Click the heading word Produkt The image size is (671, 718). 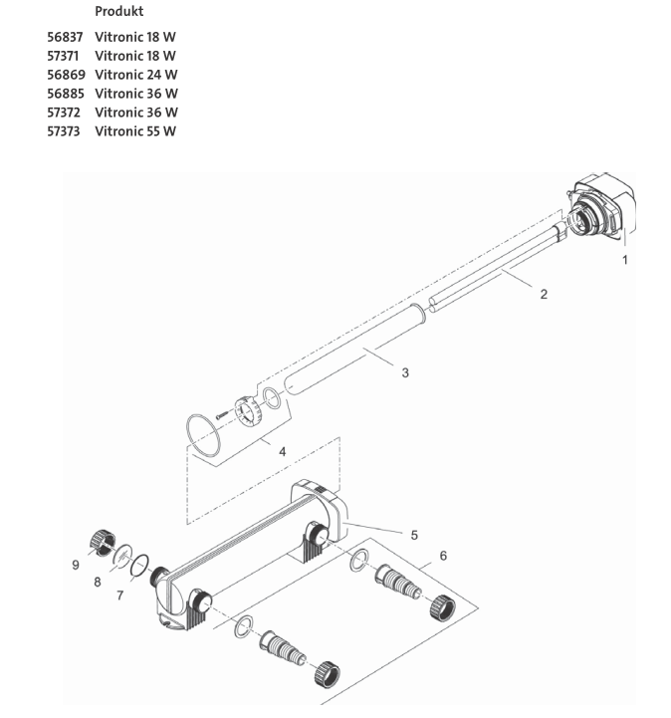click(118, 11)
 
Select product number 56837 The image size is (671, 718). click(66, 37)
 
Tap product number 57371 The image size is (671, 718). click(64, 56)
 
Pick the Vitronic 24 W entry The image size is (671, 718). click(136, 75)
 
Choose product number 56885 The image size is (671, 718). click(66, 94)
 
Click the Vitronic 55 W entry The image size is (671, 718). click(136, 131)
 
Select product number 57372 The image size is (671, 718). click(66, 113)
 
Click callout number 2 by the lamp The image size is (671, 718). click(543, 294)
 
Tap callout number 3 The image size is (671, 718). click(405, 372)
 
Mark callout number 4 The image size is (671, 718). click(282, 451)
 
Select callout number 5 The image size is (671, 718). click(414, 534)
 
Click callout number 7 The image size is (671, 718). click(120, 596)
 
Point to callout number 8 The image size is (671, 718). click(98, 582)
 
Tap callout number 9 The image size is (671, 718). click(76, 565)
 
